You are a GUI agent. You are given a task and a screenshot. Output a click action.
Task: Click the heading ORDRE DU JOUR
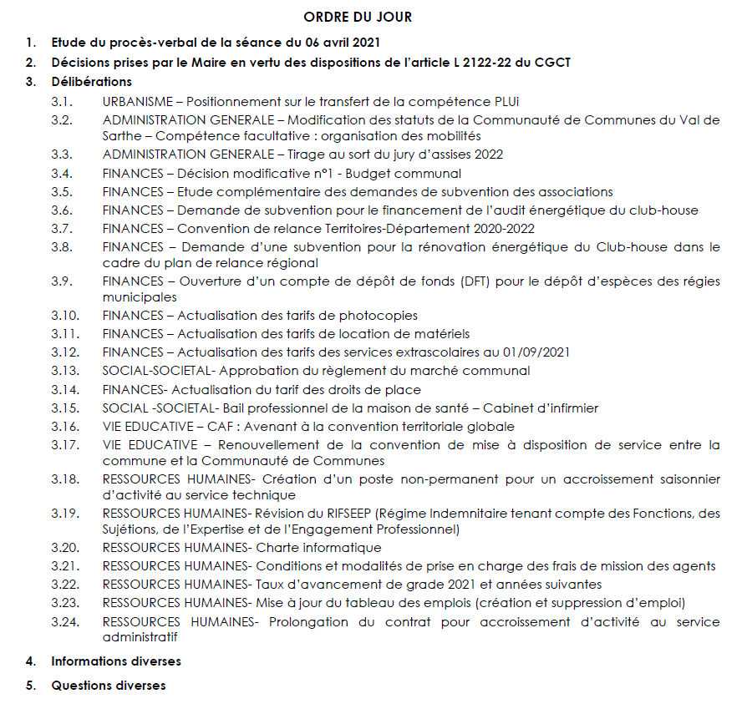358,17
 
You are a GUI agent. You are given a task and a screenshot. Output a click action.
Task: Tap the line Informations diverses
116,661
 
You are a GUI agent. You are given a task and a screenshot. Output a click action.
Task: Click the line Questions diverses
109,686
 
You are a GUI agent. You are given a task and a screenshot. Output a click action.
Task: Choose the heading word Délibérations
92,82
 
